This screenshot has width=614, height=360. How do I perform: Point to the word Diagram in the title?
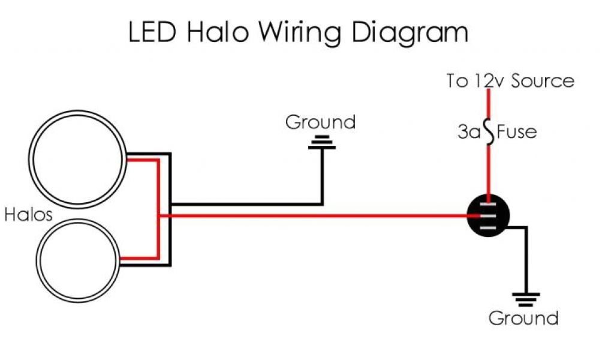pos(410,34)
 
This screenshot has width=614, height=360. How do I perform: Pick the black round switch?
pos(488,217)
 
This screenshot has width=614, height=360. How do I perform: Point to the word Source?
pos(542,81)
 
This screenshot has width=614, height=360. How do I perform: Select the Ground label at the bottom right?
pos(523,318)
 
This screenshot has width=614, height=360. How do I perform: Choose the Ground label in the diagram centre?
pos(320,122)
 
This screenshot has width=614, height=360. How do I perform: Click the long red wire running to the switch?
pos(318,216)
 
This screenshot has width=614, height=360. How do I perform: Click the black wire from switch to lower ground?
pos(525,258)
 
